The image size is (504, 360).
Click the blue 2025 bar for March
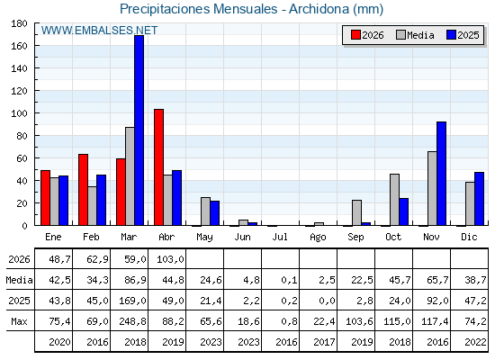pyautogui.click(x=139, y=130)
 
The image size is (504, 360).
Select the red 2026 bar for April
pyautogui.click(x=158, y=167)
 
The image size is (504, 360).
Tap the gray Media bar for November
pyautogui.click(x=432, y=188)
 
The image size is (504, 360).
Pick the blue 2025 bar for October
pyautogui.click(x=404, y=211)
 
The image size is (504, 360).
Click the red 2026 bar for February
pyautogui.click(x=83, y=190)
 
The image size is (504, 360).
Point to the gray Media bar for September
pyautogui.click(x=356, y=212)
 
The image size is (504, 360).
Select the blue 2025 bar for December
pyautogui.click(x=479, y=199)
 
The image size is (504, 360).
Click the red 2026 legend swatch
pyautogui.click(x=355, y=35)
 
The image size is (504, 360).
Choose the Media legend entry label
pyautogui.click(x=420, y=35)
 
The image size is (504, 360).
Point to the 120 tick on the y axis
pyautogui.click(x=19, y=91)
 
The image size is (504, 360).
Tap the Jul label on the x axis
pyautogui.click(x=280, y=237)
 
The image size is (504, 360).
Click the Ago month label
pyautogui.click(x=318, y=238)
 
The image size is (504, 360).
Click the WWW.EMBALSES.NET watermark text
pyautogui.click(x=99, y=31)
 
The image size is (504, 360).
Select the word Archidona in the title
pyautogui.click(x=319, y=9)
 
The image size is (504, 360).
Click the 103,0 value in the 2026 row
pyautogui.click(x=170, y=259)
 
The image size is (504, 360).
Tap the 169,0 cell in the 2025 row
pyautogui.click(x=132, y=301)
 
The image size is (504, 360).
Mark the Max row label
pyautogui.click(x=19, y=321)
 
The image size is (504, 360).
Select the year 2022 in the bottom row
pyautogui.click(x=475, y=342)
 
